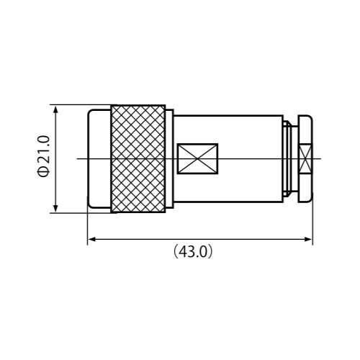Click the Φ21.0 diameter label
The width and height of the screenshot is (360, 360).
click(44, 156)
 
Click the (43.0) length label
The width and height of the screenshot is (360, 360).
click(193, 251)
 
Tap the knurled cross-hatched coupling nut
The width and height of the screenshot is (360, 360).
click(138, 159)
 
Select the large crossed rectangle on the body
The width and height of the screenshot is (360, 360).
click(197, 158)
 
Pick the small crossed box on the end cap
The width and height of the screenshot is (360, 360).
click(305, 158)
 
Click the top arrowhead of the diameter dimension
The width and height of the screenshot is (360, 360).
click(55, 110)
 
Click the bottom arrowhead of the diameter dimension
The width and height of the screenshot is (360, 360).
click(55, 208)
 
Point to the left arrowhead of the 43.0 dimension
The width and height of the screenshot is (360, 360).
click(92, 239)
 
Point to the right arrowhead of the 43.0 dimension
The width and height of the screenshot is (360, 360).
click(308, 239)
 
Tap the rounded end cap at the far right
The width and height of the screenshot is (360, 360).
click(305, 158)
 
